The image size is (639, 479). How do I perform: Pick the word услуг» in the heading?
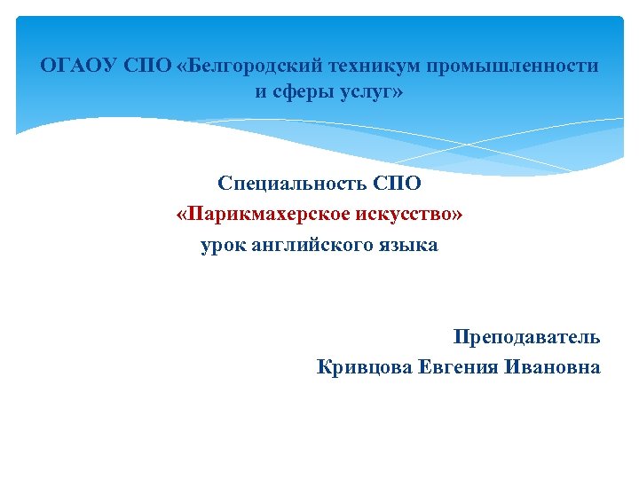point(370,93)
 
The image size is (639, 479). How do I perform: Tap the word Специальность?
point(292,185)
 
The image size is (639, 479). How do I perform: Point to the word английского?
point(310,245)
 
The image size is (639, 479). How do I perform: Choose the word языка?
point(408,245)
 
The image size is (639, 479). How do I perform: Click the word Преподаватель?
point(526,337)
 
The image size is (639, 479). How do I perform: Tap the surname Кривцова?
point(364,367)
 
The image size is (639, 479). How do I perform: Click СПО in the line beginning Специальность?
point(397,185)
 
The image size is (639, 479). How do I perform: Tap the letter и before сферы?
point(261,93)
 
